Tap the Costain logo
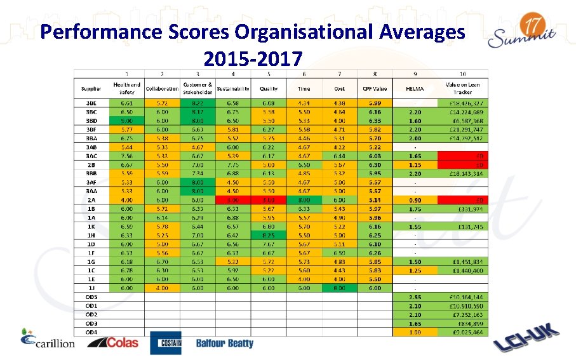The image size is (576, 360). (166, 343)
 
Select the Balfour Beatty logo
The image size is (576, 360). (224, 343)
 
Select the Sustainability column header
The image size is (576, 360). (233, 88)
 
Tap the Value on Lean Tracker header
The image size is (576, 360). (462, 88)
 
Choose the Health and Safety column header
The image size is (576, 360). (126, 88)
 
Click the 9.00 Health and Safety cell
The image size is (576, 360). (126, 120)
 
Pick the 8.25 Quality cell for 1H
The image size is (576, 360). (269, 234)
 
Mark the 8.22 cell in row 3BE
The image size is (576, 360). (198, 103)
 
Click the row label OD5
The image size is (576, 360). (92, 297)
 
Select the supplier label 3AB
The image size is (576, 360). (91, 147)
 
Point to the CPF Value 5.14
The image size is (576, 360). (375, 199)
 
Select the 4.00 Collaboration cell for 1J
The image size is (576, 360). (162, 288)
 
